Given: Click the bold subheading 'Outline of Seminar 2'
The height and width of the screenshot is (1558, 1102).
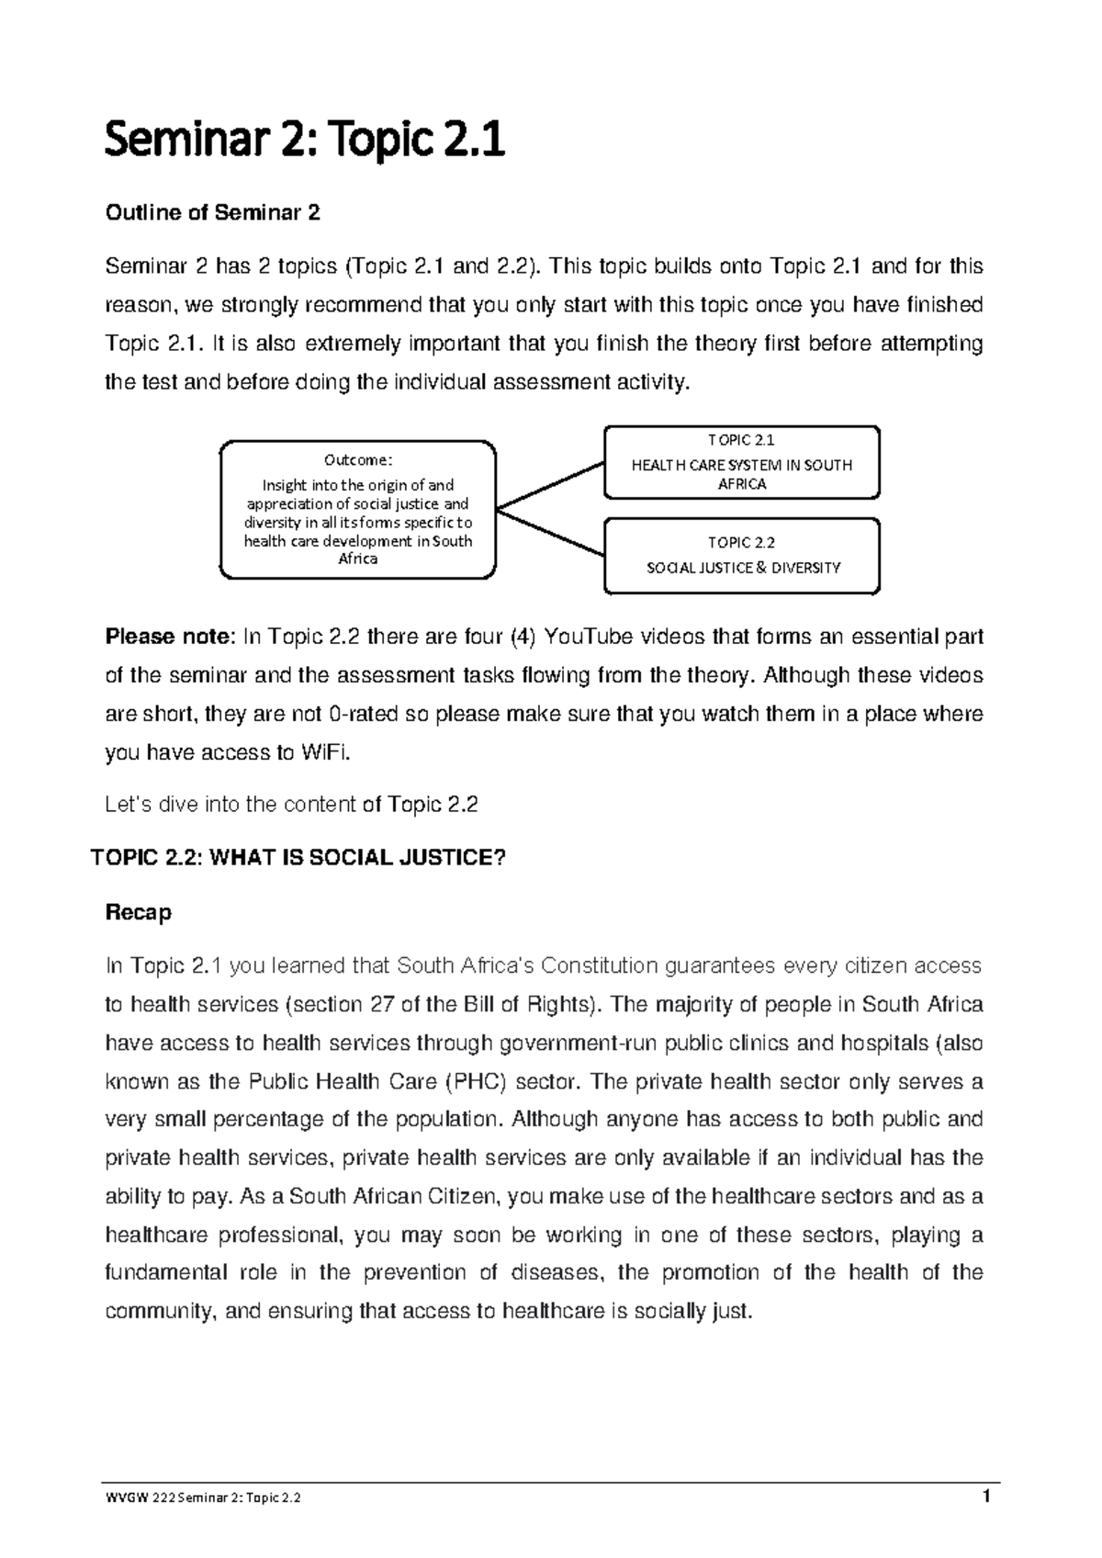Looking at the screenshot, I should coord(213,214).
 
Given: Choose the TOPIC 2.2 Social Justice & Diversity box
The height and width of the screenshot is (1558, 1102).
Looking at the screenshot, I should coord(741,556).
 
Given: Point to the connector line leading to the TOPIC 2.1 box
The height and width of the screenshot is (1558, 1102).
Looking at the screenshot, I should coord(549,484).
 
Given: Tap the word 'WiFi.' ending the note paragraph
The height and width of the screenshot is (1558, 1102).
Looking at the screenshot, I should coord(325,752).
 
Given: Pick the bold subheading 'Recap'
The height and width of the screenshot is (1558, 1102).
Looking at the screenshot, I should coord(139,913).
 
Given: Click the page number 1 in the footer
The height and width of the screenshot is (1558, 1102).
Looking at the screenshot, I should coord(986,1496).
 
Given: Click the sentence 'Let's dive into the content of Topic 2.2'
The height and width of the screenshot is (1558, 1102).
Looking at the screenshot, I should coord(292,806).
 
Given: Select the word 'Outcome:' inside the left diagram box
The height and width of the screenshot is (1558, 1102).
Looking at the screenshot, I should coord(358,460).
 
